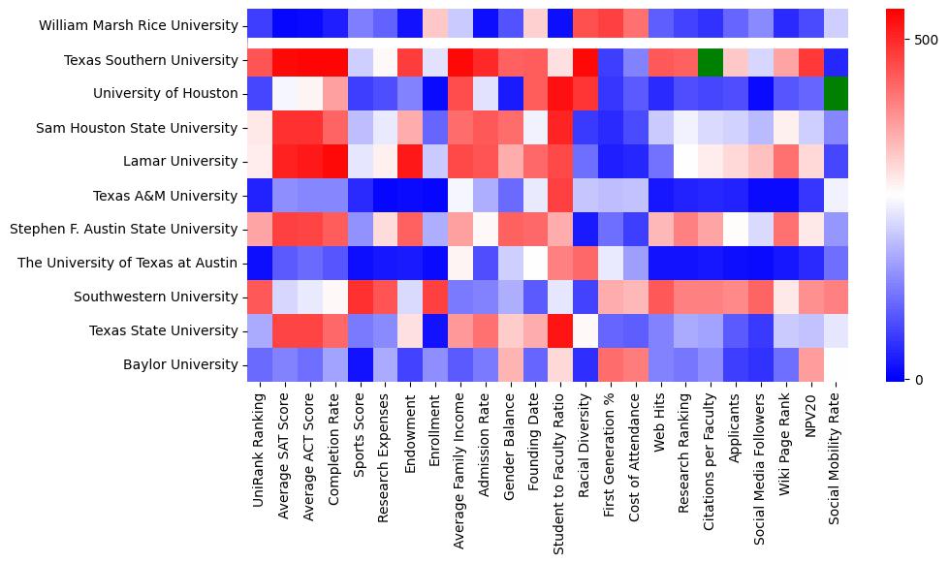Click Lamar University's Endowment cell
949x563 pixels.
coord(411,162)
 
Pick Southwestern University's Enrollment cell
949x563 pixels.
coord(436,297)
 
